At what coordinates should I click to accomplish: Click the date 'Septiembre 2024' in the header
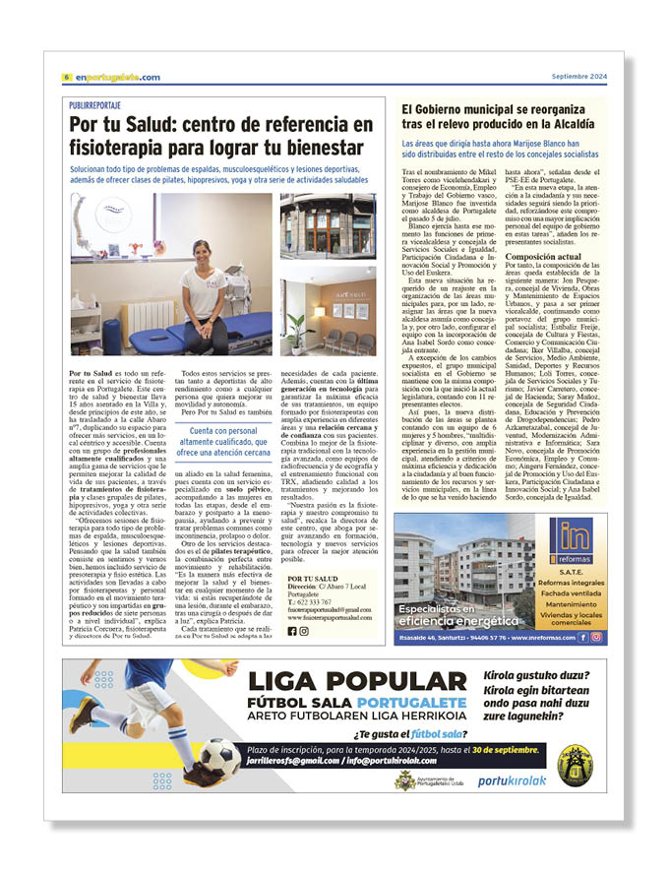tap(579, 77)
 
